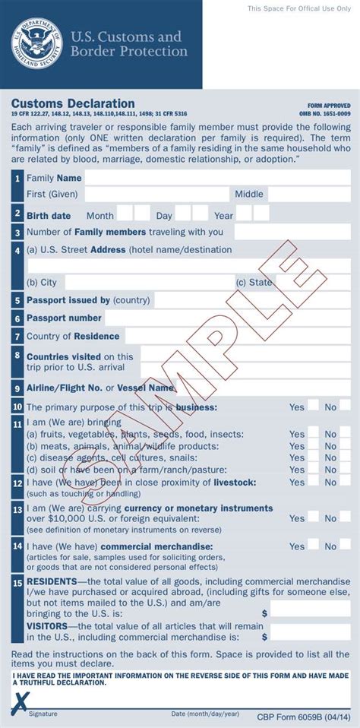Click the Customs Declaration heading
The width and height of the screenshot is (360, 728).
tap(73, 103)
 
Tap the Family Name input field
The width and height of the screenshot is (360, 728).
tap(216, 178)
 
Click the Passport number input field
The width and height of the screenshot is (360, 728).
tap(227, 318)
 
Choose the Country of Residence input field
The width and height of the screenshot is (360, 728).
tap(237, 336)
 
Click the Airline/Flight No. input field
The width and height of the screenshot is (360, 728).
tap(263, 388)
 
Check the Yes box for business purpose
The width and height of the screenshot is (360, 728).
tap(313, 407)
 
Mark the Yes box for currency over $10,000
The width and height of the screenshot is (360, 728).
tap(313, 518)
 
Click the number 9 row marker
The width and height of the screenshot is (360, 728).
tap(17, 388)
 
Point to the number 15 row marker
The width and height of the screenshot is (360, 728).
tap(17, 583)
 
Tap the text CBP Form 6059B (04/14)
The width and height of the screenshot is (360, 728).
tap(304, 716)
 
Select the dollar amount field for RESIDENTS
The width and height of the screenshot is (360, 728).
tap(310, 609)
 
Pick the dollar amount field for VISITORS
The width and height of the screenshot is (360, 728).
tap(310, 632)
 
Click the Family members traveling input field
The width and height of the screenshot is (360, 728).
tap(292, 232)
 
